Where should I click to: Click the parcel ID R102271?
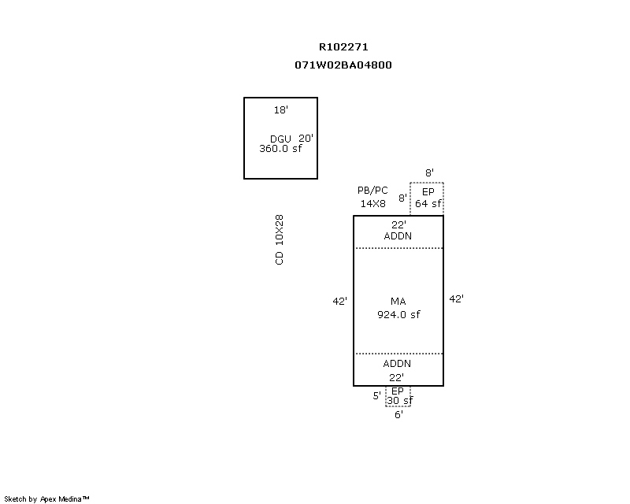click(x=343, y=46)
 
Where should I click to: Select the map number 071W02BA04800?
click(x=343, y=65)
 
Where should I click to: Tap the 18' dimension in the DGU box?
click(x=280, y=110)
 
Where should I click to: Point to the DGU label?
click(x=280, y=139)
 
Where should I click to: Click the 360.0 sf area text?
click(x=280, y=148)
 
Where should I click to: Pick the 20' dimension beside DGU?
click(x=306, y=138)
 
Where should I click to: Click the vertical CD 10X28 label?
click(x=280, y=239)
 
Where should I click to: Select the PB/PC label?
click(x=372, y=191)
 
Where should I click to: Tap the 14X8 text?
click(x=373, y=203)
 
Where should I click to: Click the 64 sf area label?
click(x=428, y=204)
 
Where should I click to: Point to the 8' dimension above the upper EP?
click(x=429, y=172)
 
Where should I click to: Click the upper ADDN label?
click(x=398, y=235)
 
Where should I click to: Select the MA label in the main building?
click(x=398, y=302)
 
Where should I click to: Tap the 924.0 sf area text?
click(x=398, y=314)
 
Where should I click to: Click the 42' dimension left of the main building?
click(x=339, y=301)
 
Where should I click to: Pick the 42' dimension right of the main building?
click(x=456, y=298)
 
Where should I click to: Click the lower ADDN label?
click(x=397, y=364)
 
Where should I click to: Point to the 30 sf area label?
click(x=399, y=401)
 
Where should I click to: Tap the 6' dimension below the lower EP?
click(x=398, y=415)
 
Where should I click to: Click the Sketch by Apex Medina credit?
click(x=47, y=498)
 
